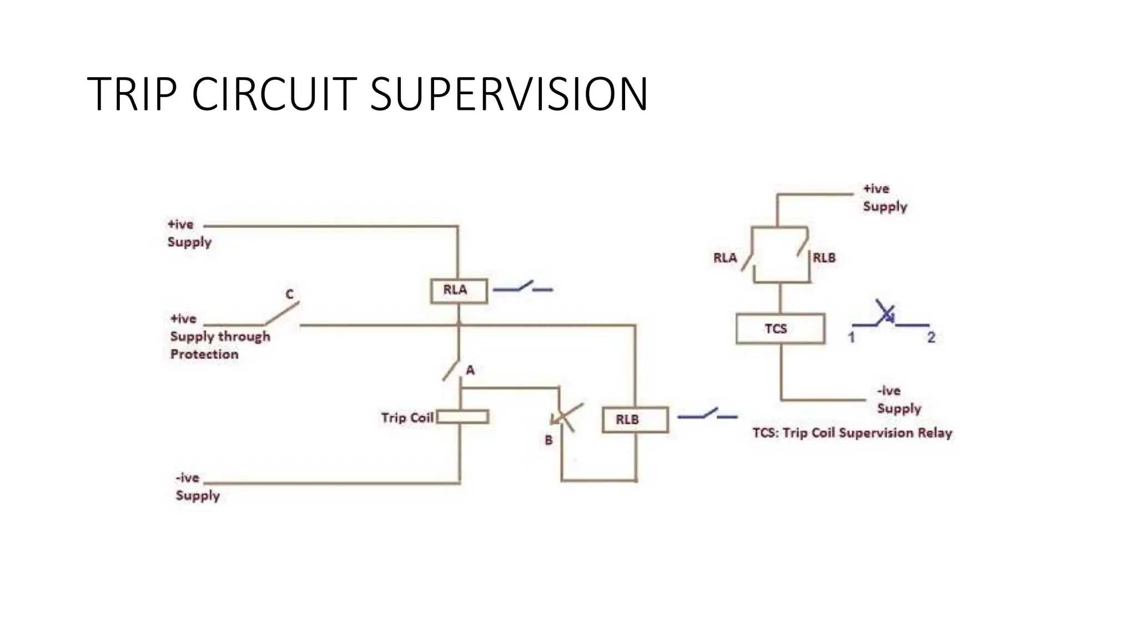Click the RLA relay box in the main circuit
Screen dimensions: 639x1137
click(x=459, y=291)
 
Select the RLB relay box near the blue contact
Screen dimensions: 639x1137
click(x=635, y=420)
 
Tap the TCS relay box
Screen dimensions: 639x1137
click(x=780, y=329)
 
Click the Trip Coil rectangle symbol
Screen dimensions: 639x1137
click(x=462, y=417)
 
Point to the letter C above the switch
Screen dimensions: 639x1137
click(x=289, y=294)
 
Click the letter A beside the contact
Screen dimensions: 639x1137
click(x=470, y=370)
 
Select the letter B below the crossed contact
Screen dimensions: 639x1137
click(x=549, y=440)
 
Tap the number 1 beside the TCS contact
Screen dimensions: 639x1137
click(x=851, y=337)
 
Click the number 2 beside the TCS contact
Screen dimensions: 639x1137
click(x=931, y=337)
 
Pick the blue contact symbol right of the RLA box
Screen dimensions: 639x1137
click(x=523, y=287)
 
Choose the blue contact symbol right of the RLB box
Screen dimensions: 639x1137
click(x=707, y=414)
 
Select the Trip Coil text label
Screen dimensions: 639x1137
click(x=407, y=418)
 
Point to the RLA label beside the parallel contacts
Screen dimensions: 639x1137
click(x=725, y=258)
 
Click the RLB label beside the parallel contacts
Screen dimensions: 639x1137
click(x=824, y=258)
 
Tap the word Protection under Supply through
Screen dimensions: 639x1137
click(x=204, y=354)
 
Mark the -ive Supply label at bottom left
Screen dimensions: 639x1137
click(x=197, y=487)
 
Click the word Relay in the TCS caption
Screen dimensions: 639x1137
click(x=934, y=433)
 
